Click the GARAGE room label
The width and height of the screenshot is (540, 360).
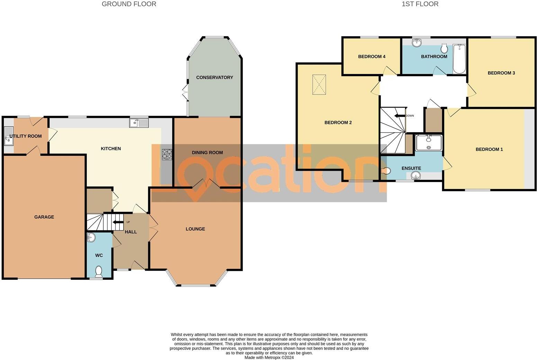pyautogui.click(x=44, y=217)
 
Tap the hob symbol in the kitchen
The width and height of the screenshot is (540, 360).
pyautogui.click(x=167, y=154)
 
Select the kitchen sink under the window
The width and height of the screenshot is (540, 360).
pyautogui.click(x=139, y=123)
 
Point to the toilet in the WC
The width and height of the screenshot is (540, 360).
pyautogui.click(x=99, y=271)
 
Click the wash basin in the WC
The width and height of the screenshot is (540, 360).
pyautogui.click(x=91, y=238)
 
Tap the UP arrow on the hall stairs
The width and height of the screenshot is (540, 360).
pyautogui.click(x=118, y=223)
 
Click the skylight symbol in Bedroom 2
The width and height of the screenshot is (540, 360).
pyautogui.click(x=319, y=84)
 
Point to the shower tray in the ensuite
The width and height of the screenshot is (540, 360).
pyautogui.click(x=429, y=143)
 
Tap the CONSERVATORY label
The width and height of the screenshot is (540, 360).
pyautogui.click(x=215, y=78)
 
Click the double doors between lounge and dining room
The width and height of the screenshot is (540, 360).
pyautogui.click(x=206, y=184)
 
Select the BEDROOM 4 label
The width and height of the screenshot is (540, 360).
pyautogui.click(x=372, y=56)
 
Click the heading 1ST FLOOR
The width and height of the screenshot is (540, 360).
pyautogui.click(x=420, y=4)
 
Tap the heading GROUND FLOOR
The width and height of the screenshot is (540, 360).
pyautogui.click(x=129, y=4)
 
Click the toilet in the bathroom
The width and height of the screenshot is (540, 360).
pyautogui.click(x=444, y=48)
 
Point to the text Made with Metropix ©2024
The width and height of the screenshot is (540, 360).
pyautogui.click(x=269, y=358)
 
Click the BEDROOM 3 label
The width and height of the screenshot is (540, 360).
pyautogui.click(x=501, y=73)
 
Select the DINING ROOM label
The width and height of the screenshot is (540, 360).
pyautogui.click(x=207, y=153)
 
